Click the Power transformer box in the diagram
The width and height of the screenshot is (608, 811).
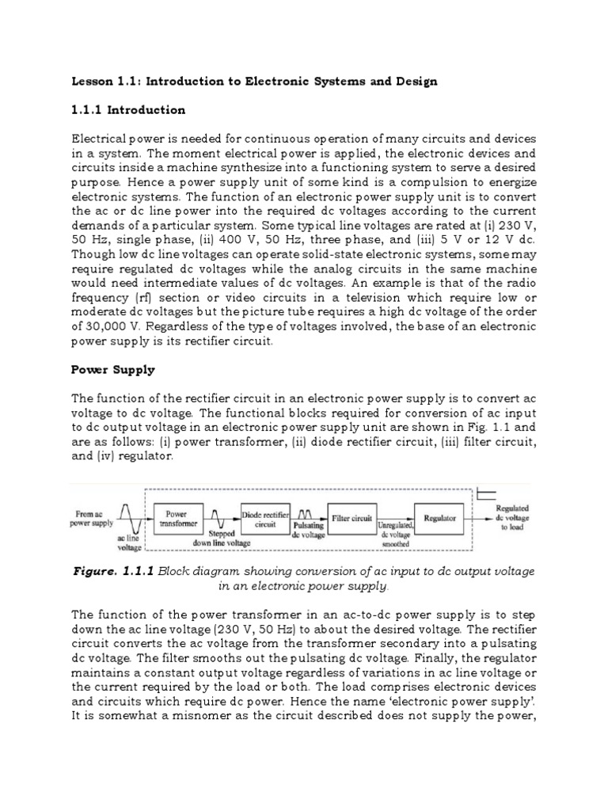click(176, 519)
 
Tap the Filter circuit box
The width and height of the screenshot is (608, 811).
click(351, 518)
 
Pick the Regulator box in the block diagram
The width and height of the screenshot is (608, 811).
click(439, 519)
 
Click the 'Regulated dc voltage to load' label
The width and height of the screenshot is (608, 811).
click(512, 518)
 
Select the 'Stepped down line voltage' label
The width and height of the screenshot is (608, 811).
click(222, 539)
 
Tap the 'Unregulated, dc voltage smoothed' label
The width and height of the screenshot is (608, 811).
click(396, 535)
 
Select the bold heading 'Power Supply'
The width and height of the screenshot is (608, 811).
click(113, 369)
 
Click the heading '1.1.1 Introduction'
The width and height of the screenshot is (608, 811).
click(128, 109)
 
